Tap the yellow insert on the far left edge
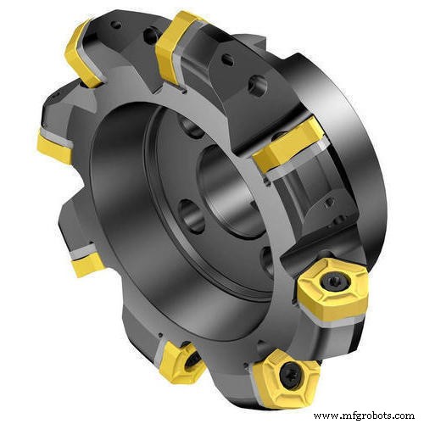pyautogui.click(x=53, y=146)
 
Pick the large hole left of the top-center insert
pyautogui.click(x=149, y=35)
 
